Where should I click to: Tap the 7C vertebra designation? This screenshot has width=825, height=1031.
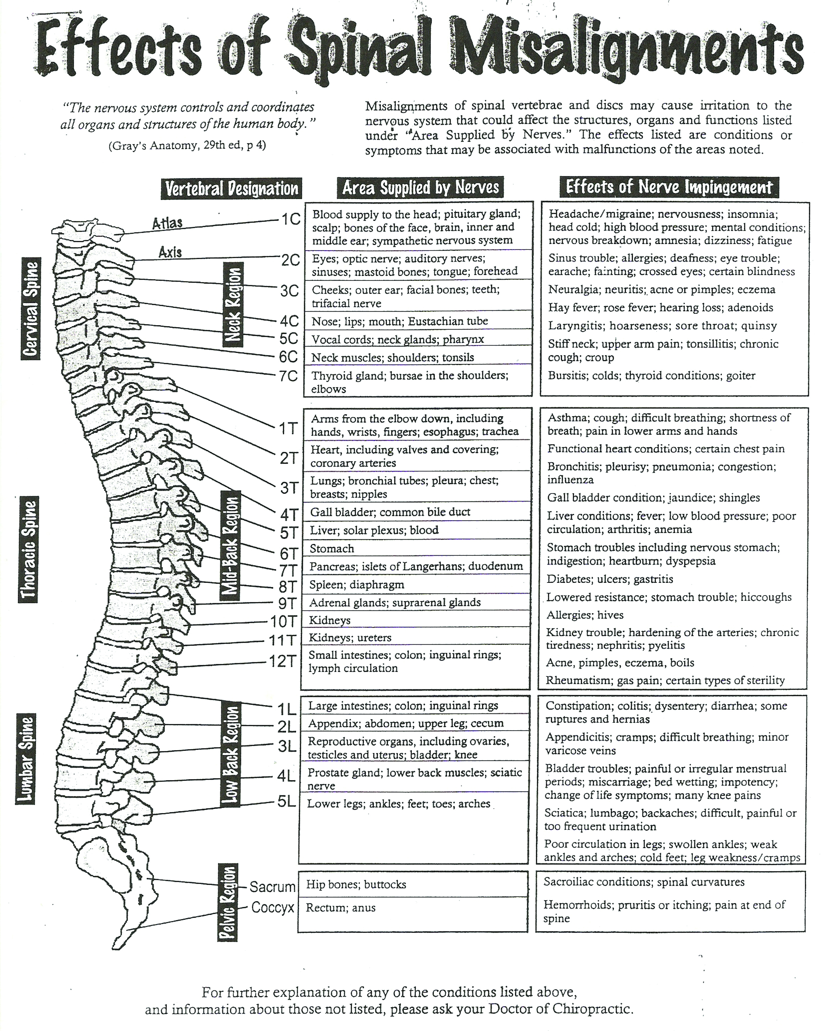click(288, 376)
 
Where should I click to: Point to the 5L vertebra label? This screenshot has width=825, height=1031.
click(287, 801)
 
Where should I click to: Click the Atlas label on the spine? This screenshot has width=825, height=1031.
click(167, 223)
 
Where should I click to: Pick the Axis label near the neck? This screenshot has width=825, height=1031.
click(170, 252)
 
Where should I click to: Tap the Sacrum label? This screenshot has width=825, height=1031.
click(273, 887)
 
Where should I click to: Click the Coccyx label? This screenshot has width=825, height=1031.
click(273, 908)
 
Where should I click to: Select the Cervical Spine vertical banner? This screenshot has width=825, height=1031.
click(31, 308)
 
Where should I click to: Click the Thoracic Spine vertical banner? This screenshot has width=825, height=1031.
click(28, 550)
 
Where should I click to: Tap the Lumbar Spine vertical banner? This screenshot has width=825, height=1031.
click(25, 760)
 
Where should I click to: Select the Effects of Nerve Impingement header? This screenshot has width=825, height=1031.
click(669, 187)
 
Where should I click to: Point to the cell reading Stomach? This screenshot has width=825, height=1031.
click(332, 548)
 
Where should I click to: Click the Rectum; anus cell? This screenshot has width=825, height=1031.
click(341, 908)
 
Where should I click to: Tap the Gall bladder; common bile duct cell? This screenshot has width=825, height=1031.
click(390, 512)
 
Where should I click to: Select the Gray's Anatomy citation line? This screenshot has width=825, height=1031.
click(187, 145)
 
